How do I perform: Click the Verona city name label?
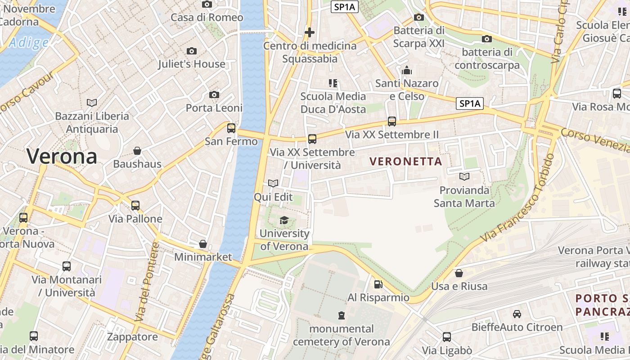click(x=62, y=156)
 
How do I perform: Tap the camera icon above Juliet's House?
click(x=192, y=51)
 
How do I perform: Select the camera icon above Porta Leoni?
click(x=214, y=94)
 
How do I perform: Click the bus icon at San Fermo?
click(x=231, y=128)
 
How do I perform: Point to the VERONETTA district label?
click(x=406, y=161)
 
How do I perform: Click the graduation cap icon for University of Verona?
click(x=284, y=220)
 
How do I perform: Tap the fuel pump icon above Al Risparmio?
click(x=378, y=284)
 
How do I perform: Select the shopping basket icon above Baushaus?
click(x=137, y=151)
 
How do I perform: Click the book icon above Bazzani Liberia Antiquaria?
click(x=92, y=103)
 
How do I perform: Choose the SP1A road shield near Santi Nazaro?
click(x=469, y=103)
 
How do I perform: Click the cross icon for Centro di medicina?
click(x=310, y=32)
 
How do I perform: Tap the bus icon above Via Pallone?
click(x=135, y=206)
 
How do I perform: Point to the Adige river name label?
click(x=28, y=43)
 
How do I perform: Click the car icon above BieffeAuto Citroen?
click(x=517, y=314)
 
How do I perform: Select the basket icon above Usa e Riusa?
click(x=459, y=273)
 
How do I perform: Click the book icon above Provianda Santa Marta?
click(x=464, y=176)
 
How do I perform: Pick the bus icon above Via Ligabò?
click(x=447, y=337)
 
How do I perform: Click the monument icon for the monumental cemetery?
click(x=342, y=315)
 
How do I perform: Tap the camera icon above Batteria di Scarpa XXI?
click(x=419, y=17)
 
